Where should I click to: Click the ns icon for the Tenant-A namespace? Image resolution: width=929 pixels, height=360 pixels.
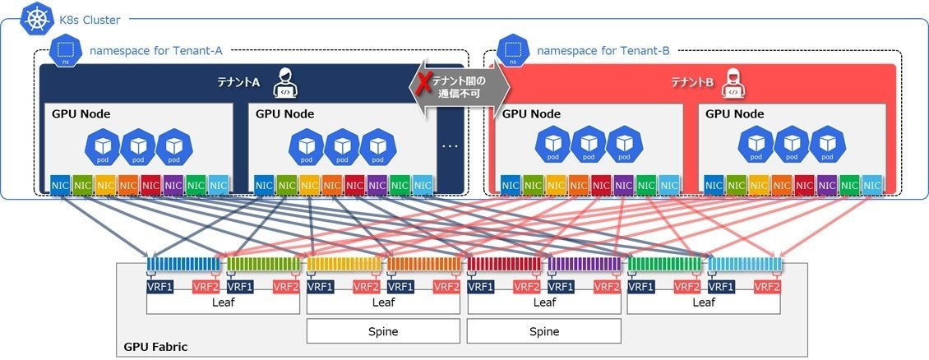[x=64, y=49]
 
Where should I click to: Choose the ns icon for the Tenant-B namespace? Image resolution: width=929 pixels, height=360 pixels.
[x=513, y=51]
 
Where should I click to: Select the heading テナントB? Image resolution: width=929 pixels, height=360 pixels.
[x=693, y=83]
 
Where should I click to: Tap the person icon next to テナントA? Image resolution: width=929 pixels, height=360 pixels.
[x=283, y=82]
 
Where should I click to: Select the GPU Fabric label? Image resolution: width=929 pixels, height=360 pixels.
[x=155, y=347]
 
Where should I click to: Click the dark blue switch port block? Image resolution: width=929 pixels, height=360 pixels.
[x=182, y=265]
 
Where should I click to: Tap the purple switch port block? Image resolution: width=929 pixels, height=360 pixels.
[x=584, y=265]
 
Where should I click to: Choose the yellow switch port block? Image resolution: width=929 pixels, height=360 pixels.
[x=342, y=265]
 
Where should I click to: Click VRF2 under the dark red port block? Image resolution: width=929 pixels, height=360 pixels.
[x=526, y=287]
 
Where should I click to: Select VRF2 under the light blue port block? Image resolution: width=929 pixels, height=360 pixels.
[x=767, y=287]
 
